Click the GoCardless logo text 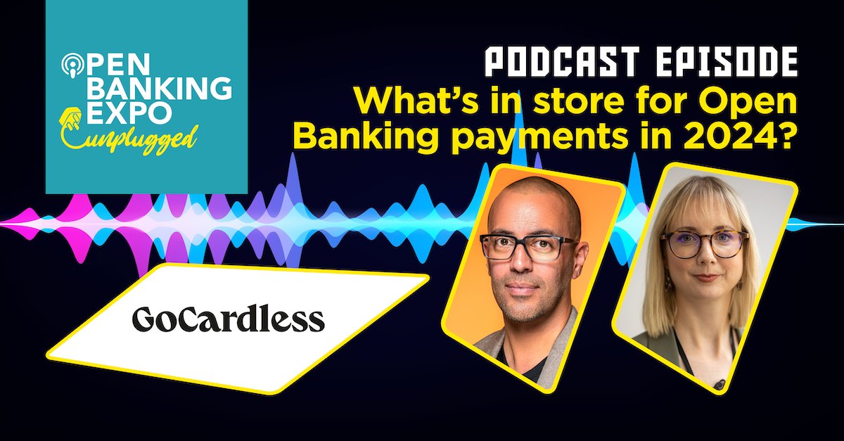228,319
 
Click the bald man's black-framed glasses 529,247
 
